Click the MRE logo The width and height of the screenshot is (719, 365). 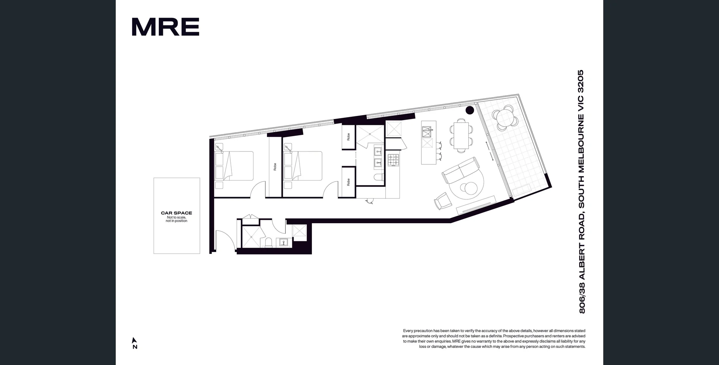(x=166, y=27)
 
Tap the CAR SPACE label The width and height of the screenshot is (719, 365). (x=176, y=213)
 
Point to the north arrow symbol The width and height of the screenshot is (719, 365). (x=134, y=341)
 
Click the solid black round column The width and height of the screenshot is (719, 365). (x=470, y=110)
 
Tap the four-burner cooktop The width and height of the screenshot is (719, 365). (x=393, y=160)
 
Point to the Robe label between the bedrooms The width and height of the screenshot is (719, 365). (x=275, y=167)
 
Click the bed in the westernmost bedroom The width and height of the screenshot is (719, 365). (x=234, y=166)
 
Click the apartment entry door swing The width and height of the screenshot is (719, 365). (x=225, y=239)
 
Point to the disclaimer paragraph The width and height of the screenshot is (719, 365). (x=494, y=338)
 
